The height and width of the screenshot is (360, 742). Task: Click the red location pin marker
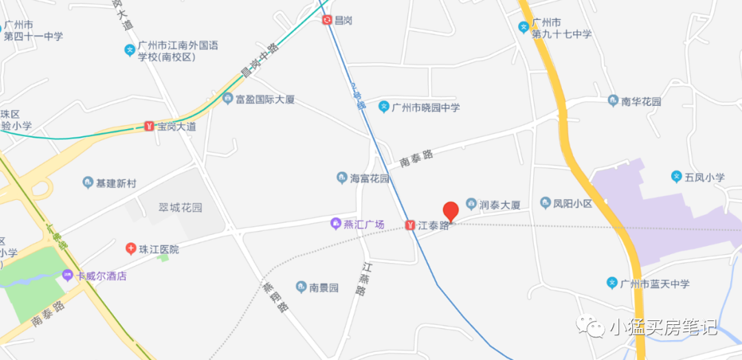(x=451, y=211)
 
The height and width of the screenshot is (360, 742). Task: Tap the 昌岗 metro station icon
(x=327, y=20)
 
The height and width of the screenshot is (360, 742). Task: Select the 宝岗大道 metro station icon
(x=149, y=126)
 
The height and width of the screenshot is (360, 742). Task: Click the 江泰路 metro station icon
(x=410, y=225)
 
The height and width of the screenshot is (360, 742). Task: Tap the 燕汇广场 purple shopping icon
(x=336, y=224)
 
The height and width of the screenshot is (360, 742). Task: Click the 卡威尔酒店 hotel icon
(x=67, y=275)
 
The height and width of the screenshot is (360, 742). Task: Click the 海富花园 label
(x=370, y=179)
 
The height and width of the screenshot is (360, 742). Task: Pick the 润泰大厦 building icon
(x=471, y=203)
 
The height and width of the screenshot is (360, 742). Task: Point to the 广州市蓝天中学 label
(x=654, y=283)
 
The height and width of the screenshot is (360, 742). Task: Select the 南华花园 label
(x=640, y=102)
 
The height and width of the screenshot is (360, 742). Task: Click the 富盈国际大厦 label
(x=265, y=100)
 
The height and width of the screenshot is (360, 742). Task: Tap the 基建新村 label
(x=116, y=183)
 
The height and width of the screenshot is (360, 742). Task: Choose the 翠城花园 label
(x=181, y=207)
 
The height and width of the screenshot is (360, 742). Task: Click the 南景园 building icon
(x=301, y=286)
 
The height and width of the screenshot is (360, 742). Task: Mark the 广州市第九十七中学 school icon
(x=524, y=27)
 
